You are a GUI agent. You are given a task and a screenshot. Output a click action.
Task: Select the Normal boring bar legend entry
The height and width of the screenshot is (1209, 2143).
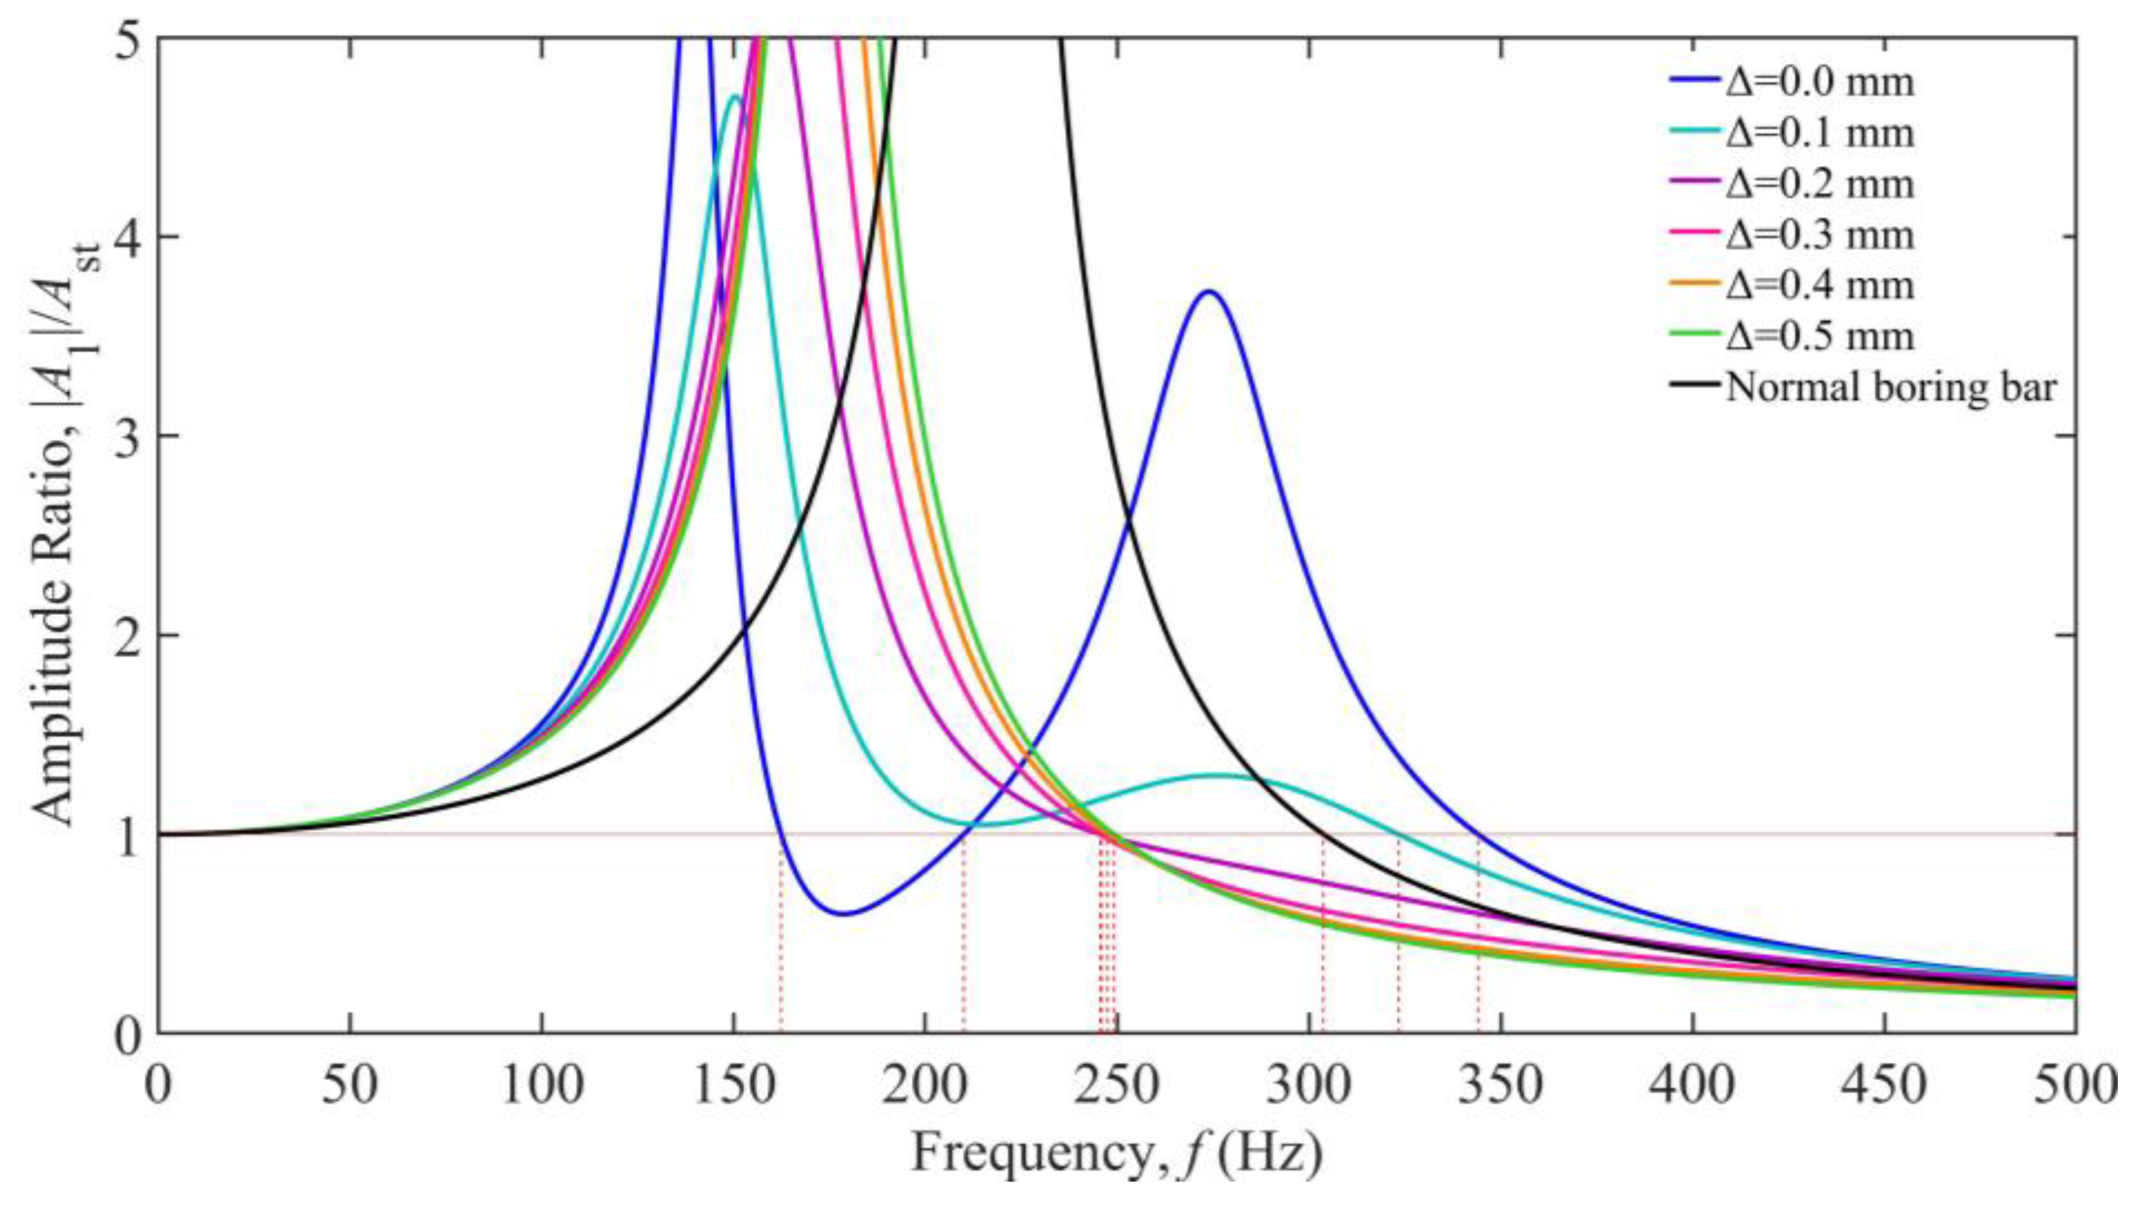click(x=1888, y=387)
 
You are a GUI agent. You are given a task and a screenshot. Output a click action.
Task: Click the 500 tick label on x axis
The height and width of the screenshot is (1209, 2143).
click(x=2075, y=1087)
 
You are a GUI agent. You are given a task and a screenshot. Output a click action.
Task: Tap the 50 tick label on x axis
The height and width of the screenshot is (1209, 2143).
click(x=350, y=1087)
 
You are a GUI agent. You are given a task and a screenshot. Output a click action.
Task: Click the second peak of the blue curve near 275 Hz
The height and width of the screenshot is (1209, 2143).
click(x=1209, y=291)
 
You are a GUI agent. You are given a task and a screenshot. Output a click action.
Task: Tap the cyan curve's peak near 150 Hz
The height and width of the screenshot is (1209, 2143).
click(x=734, y=96)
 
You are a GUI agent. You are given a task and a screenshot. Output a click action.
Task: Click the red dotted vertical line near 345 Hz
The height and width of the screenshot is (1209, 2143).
click(x=1478, y=932)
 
